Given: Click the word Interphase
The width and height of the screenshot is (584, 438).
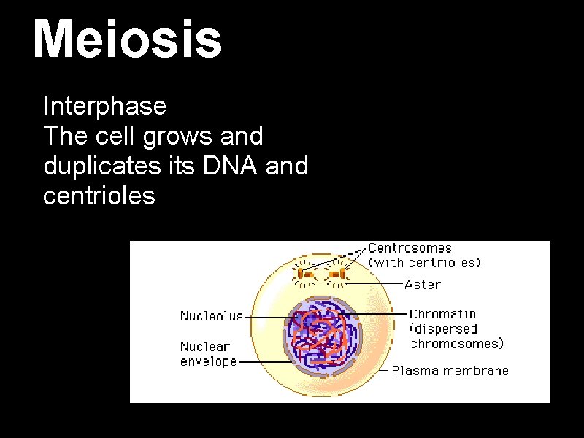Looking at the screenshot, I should tap(105, 107).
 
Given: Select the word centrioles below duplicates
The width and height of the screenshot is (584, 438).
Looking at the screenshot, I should tap(99, 196).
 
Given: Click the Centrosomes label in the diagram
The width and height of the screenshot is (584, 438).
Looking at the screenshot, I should tap(410, 248).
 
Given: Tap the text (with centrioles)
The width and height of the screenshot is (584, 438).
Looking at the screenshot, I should tap(424, 262).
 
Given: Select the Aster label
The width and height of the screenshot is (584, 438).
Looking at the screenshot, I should tap(423, 284).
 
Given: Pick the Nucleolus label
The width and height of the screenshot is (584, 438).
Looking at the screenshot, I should tap(211, 316).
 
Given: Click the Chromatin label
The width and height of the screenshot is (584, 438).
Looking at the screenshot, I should tap(442, 315).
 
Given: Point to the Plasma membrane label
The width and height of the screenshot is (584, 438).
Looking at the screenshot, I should tap(450, 370).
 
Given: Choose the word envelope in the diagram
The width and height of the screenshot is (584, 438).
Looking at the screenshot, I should tap(208, 361).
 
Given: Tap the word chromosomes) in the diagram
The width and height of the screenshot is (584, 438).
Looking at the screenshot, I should tap(457, 343).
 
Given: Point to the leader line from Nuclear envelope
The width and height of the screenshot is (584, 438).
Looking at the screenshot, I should tap(263, 361).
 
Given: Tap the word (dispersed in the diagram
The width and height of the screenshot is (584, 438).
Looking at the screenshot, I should tap(443, 329).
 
